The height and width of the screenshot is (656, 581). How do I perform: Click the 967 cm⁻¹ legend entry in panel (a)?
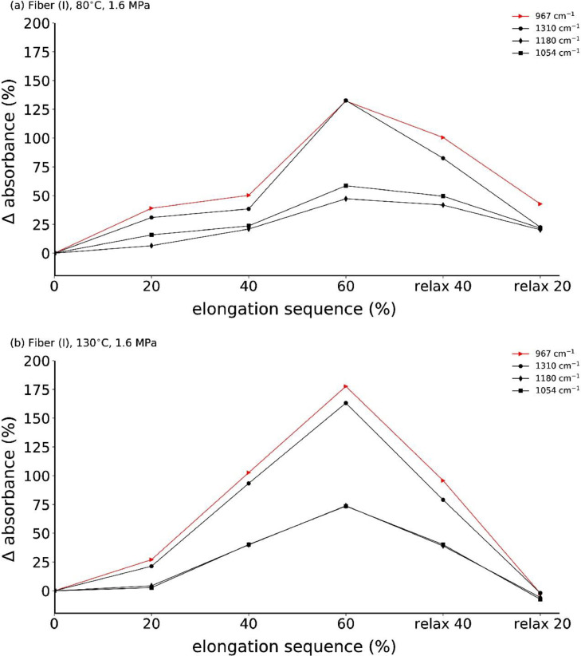pyautogui.click(x=540, y=15)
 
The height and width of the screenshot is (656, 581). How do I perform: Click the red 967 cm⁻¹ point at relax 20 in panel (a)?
pyautogui.click(x=540, y=204)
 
